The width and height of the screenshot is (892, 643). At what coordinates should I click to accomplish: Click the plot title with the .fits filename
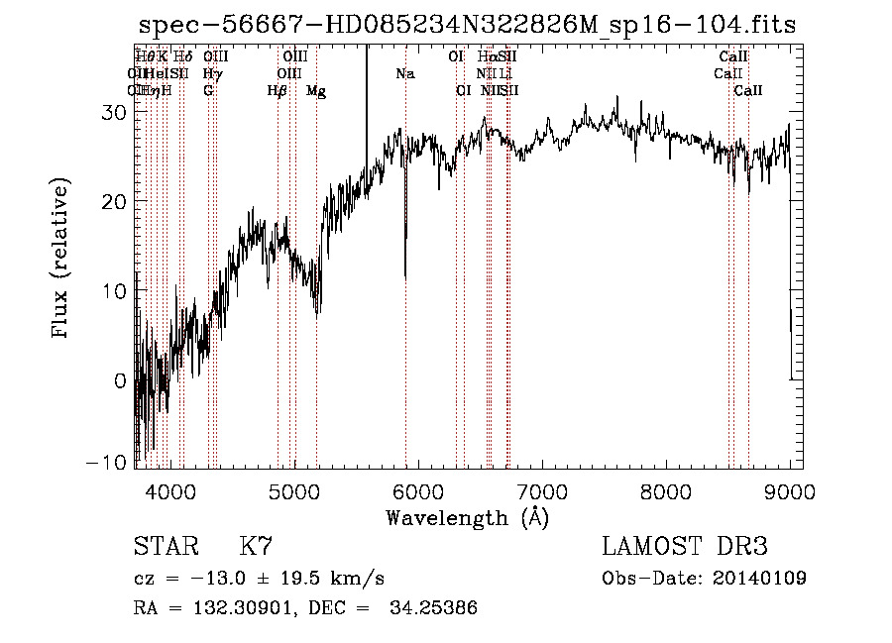pos(466,26)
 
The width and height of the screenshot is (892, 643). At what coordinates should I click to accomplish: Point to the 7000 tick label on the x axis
pos(542,492)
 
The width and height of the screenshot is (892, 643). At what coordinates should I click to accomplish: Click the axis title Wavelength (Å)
pos(467,517)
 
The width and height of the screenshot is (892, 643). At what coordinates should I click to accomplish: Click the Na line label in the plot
pos(404,73)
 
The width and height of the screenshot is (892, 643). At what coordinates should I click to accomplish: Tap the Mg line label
pos(316,91)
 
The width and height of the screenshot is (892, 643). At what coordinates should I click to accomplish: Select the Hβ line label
pos(278,91)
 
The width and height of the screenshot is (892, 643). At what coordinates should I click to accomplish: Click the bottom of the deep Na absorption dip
pos(404,277)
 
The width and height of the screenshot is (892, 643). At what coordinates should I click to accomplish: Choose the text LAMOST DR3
pos(685,547)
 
